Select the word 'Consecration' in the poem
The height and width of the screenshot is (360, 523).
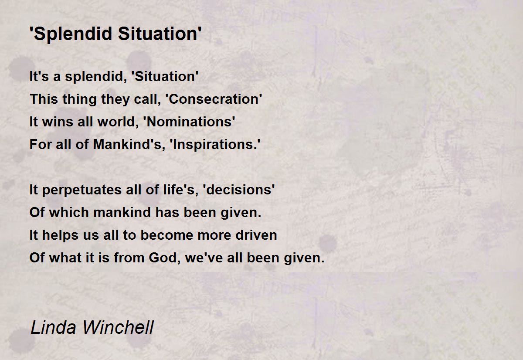pyautogui.click(x=214, y=99)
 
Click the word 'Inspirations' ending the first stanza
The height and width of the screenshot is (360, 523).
pyautogui.click(x=215, y=145)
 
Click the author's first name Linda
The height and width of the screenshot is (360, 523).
pyautogui.click(x=53, y=327)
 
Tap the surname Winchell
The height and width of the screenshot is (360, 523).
pyautogui.click(x=118, y=327)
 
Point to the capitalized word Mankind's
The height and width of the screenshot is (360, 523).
pyautogui.click(x=129, y=145)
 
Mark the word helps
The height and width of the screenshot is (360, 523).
pyautogui.click(x=60, y=235)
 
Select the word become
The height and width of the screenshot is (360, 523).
pyautogui.click(x=167, y=235)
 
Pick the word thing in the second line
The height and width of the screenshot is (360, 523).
pyautogui.click(x=79, y=99)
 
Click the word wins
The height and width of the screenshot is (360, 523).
pyautogui.click(x=58, y=122)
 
